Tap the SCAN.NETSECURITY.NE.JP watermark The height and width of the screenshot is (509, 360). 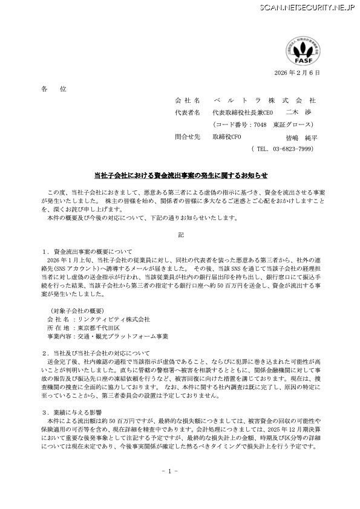click(x=306, y=7)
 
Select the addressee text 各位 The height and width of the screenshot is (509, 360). click(x=54, y=89)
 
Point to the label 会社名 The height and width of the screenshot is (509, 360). click(x=187, y=100)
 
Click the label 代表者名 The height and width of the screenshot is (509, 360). click(x=187, y=112)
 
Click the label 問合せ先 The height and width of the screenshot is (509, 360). click(x=187, y=137)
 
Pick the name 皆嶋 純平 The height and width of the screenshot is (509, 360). click(x=301, y=138)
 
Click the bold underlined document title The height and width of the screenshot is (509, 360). click(x=180, y=175)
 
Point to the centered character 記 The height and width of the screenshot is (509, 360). click(x=180, y=233)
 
